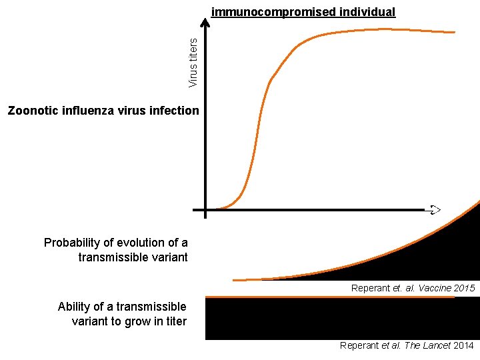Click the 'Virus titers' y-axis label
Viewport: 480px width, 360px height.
point(193,63)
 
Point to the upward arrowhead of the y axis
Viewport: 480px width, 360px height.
point(205,23)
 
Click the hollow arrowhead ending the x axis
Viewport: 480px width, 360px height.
point(435,210)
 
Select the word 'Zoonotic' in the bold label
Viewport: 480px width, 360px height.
point(33,111)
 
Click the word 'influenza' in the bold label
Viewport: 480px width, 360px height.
point(88,111)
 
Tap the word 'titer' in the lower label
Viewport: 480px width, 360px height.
point(177,321)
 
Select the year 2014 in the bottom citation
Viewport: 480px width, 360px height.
point(463,345)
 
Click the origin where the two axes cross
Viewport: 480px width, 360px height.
point(205,210)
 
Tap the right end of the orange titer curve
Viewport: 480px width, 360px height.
point(455,32)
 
